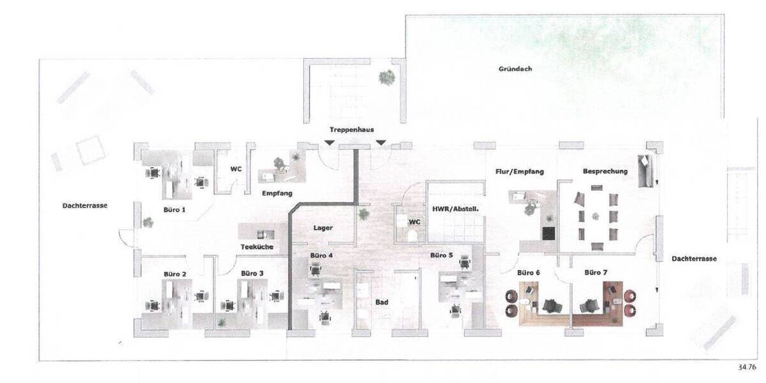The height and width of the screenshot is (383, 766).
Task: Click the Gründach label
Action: [515, 68]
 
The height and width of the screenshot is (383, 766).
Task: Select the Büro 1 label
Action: [174, 209]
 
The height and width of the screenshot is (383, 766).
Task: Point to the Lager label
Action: [323, 228]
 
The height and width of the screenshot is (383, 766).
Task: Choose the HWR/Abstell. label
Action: [456, 208]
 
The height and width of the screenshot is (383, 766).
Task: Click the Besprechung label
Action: [605, 171]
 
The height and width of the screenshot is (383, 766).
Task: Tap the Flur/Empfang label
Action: [520, 171]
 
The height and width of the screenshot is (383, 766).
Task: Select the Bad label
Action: [382, 303]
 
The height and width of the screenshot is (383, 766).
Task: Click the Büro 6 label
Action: [529, 273]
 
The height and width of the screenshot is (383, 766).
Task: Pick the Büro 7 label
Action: [596, 273]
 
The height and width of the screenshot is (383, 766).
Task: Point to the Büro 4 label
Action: [321, 255]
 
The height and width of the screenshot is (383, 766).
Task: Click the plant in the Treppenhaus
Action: [386, 77]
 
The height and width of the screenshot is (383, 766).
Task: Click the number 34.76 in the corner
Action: [746, 367]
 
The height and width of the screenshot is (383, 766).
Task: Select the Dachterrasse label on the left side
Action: [84, 206]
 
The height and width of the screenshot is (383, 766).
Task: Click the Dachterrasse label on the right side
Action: [694, 259]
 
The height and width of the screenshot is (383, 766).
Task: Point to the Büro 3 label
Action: [252, 273]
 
